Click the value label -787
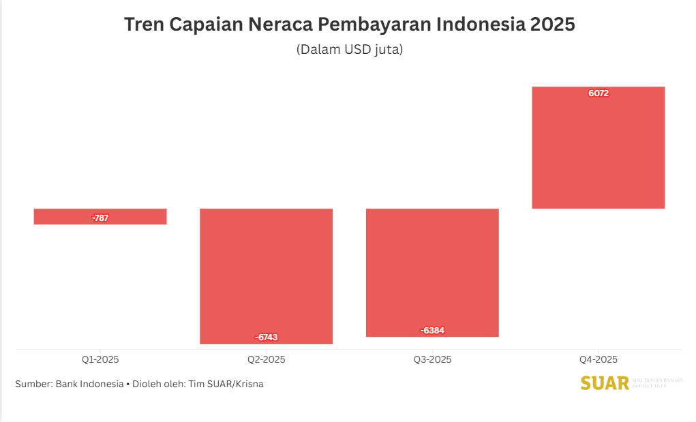coord(100,218)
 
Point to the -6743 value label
coord(266,337)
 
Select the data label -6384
coord(432,331)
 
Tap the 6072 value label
coord(599,93)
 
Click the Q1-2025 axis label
coord(100,359)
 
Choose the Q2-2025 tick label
coord(266,359)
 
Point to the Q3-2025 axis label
coord(432,359)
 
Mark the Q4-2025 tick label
coord(599,359)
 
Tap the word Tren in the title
coord(143,25)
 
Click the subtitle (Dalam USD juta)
coord(350,50)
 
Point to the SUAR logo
coord(605,383)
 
